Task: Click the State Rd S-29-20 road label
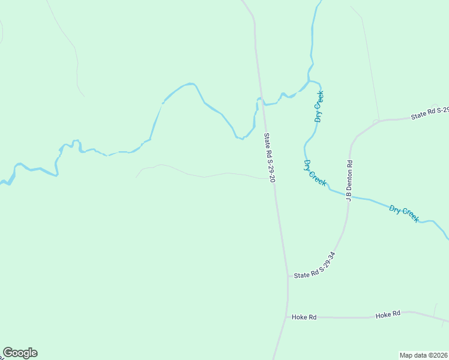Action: pyautogui.click(x=269, y=158)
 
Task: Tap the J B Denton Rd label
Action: pyautogui.click(x=349, y=180)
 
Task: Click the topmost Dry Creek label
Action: pyautogui.click(x=319, y=106)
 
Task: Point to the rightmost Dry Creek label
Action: pyautogui.click(x=403, y=214)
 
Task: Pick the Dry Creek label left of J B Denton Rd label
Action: pyautogui.click(x=315, y=173)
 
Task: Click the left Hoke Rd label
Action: pyautogui.click(x=304, y=317)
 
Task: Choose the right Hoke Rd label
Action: pyautogui.click(x=388, y=314)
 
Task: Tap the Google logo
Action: pyautogui.click(x=20, y=353)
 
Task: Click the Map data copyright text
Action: pyautogui.click(x=424, y=355)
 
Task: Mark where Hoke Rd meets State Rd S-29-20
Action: pyautogui.click(x=287, y=316)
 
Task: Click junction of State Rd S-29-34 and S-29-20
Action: pyautogui.click(x=288, y=277)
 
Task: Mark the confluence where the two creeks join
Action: pyautogui.click(x=309, y=81)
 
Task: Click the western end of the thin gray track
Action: pyautogui.click(x=137, y=177)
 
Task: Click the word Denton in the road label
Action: pyautogui.click(x=349, y=178)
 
